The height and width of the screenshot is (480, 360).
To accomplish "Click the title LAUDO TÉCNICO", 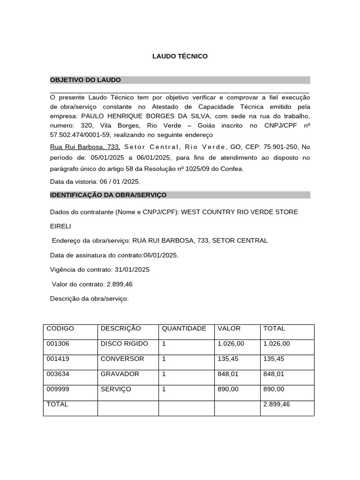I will tap(180, 56).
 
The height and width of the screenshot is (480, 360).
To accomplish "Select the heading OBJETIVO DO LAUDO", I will tap(85, 80).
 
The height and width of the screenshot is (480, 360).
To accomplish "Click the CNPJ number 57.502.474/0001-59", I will tap(80, 135).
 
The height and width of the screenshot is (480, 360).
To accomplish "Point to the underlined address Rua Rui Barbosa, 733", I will tap(85, 147).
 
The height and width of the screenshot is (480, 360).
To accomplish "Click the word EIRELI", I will tap(60, 226).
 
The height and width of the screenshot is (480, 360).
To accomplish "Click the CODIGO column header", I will tap(60, 329).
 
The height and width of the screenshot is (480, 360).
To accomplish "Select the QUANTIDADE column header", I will tap(184, 329).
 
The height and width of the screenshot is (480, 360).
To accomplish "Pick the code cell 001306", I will tap(58, 344).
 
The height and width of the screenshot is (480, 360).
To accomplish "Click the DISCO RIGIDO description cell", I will tap(124, 344).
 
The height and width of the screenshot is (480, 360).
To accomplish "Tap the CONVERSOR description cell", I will tap(122, 359).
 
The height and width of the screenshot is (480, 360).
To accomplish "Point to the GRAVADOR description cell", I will tap(120, 374).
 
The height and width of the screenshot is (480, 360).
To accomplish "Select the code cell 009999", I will tap(58, 389).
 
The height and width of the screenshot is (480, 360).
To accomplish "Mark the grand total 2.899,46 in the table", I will tap(277, 404).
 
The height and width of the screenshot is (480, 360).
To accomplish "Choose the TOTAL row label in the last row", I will tap(57, 404).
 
